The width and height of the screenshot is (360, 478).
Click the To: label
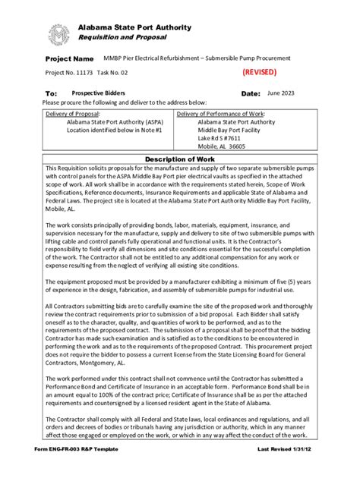pos(51,94)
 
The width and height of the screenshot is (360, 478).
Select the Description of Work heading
pos(179,158)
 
